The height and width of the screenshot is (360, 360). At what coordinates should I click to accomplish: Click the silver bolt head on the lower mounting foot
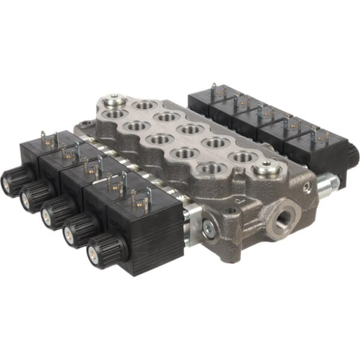(x=209, y=228)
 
